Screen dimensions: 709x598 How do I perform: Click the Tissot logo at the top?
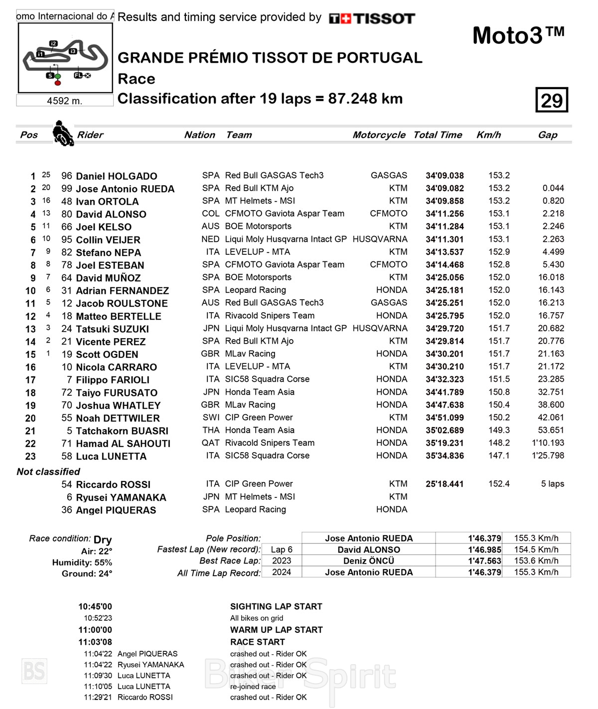coord(372,19)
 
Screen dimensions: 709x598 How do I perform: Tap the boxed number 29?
coord(552,100)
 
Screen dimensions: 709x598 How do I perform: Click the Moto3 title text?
coord(518,36)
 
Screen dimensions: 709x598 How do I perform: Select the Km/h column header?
coord(488,135)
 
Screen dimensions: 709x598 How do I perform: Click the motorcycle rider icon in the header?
coord(63,133)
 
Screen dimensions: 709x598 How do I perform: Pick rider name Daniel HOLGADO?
coord(116,176)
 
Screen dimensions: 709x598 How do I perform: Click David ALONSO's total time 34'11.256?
coord(445,214)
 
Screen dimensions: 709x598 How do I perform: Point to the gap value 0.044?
coord(553,188)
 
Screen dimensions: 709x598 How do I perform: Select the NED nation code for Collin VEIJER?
coord(210,239)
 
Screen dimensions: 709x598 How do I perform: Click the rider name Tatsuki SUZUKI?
coord(112,329)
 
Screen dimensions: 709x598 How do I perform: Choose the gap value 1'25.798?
coord(548,456)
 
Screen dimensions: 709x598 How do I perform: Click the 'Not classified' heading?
coord(48,472)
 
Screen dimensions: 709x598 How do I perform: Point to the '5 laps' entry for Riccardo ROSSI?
coord(552,484)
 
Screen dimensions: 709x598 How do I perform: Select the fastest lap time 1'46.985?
coord(484,550)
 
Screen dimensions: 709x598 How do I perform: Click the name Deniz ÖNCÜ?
coord(369,561)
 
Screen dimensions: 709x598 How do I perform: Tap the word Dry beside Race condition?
coord(103,540)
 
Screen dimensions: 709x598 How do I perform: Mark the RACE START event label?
coord(257,642)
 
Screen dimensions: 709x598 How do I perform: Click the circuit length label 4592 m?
coord(64,101)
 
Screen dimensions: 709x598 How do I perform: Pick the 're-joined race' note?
coord(253,687)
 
